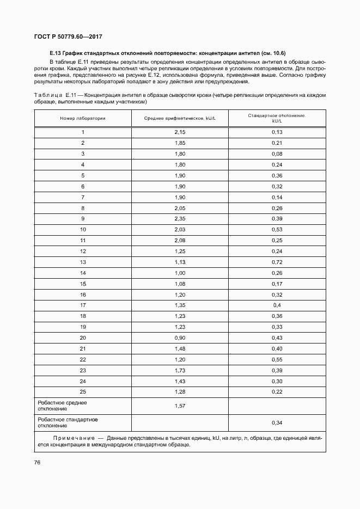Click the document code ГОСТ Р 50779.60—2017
(69, 37)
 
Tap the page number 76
(38, 463)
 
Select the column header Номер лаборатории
(83, 118)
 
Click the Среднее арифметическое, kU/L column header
(180, 118)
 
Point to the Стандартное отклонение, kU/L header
(277, 118)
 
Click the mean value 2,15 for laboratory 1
(180, 132)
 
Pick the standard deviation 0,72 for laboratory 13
(277, 262)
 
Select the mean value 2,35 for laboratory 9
(180, 219)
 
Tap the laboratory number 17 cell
(83, 305)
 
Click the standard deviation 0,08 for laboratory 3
(277, 154)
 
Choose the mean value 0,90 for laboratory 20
(180, 338)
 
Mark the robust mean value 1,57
(180, 406)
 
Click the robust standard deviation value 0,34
(277, 422)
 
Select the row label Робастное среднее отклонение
(62, 406)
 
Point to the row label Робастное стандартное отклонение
(68, 422)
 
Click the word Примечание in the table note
(74, 438)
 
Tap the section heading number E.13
(55, 53)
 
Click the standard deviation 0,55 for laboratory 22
(277, 359)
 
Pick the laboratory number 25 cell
(83, 391)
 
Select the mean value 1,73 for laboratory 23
(180, 370)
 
